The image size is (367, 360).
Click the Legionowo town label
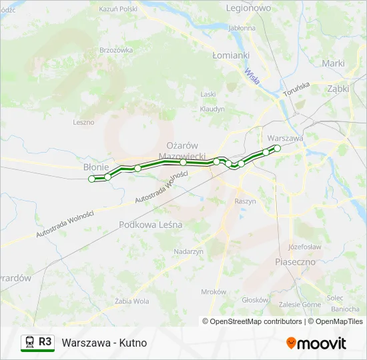(x=248, y=9)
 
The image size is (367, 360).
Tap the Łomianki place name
(x=230, y=55)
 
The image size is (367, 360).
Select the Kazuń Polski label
(x=117, y=9)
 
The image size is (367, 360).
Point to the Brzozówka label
(x=116, y=50)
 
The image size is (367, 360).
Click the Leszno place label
(x=84, y=122)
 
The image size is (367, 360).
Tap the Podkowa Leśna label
(x=150, y=225)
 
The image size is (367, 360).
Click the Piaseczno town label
(x=295, y=262)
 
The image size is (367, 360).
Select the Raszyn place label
(x=246, y=201)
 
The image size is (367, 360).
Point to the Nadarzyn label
(x=188, y=251)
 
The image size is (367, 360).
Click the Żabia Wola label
(x=132, y=301)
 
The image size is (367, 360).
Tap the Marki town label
(x=333, y=63)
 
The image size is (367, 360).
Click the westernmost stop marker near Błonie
(x=92, y=179)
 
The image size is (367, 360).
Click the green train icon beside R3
(x=29, y=343)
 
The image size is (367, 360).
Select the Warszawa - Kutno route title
(x=104, y=343)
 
